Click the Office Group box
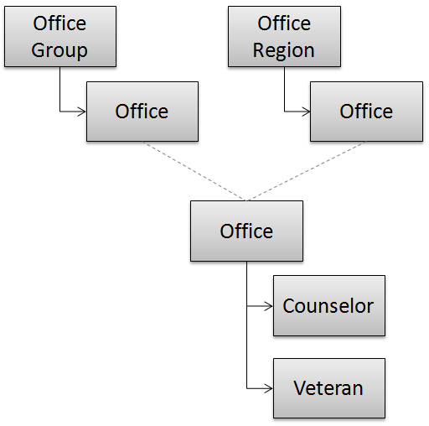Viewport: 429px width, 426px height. [x=60, y=36]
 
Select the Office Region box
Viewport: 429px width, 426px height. [x=284, y=36]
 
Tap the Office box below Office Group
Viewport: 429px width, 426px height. [x=142, y=112]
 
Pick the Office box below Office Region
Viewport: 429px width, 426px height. [x=366, y=112]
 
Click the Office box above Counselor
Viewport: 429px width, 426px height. [x=246, y=231]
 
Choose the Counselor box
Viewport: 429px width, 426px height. [x=329, y=305]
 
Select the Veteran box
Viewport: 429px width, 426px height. [x=329, y=388]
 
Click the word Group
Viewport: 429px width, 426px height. [x=59, y=50]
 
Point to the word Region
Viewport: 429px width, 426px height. [x=284, y=50]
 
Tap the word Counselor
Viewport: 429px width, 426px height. [x=328, y=306]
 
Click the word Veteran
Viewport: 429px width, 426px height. [x=328, y=388]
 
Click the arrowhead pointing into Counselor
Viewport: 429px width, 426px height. [x=269, y=306]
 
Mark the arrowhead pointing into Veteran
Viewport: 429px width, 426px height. [x=269, y=388]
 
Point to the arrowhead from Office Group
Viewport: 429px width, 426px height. [x=82, y=112]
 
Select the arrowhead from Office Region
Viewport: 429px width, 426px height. [x=306, y=112]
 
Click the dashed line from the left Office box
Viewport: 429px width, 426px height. [x=194, y=171]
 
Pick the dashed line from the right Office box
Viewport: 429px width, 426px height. [x=306, y=171]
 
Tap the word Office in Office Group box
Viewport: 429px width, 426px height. [x=59, y=23]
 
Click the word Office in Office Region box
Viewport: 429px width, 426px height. [x=284, y=23]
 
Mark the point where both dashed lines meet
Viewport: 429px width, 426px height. [x=246, y=200]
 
